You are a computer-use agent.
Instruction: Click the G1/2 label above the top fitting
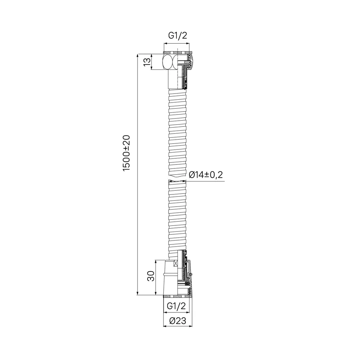tap(177, 35)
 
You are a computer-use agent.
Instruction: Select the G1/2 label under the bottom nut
tap(177, 306)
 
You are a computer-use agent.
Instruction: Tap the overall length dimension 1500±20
tap(126, 153)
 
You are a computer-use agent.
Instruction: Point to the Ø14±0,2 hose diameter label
tap(206, 175)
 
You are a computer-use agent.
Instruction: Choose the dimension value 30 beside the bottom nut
tap(152, 276)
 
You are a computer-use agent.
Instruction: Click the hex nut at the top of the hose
tap(169, 62)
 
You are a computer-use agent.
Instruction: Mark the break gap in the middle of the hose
tap(177, 178)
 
